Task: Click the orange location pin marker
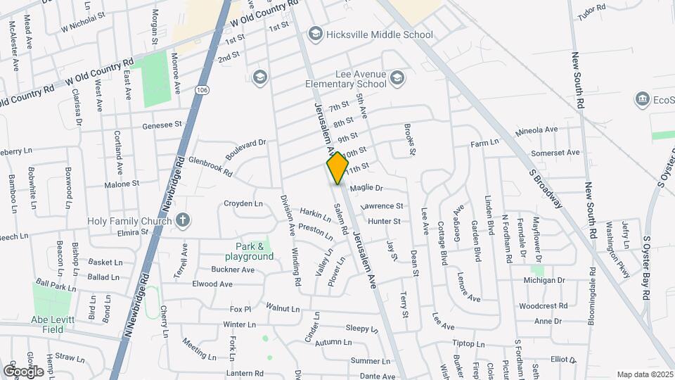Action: click(x=338, y=167)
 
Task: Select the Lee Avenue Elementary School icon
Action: click(x=398, y=77)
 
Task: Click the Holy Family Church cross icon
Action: click(x=183, y=220)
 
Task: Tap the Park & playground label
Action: click(x=254, y=251)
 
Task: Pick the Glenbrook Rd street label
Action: click(x=210, y=165)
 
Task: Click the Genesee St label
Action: click(x=162, y=125)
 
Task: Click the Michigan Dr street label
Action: click(x=544, y=280)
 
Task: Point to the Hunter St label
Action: click(x=384, y=221)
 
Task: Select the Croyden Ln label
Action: click(x=243, y=203)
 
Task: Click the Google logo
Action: click(x=23, y=371)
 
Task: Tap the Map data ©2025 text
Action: click(x=644, y=374)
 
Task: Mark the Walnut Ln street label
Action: click(x=283, y=308)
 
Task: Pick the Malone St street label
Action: click(x=122, y=184)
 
